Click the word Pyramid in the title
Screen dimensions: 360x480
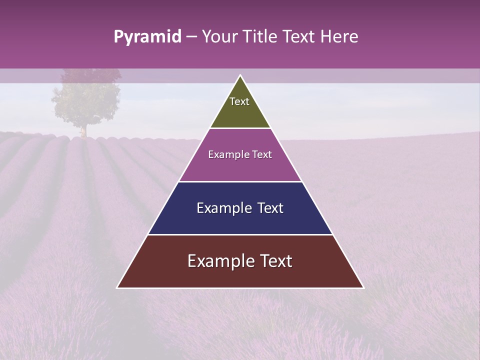(x=147, y=37)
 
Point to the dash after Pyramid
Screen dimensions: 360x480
(x=191, y=37)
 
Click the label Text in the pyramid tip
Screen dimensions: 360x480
(x=239, y=101)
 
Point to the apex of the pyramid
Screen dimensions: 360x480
(x=240, y=75)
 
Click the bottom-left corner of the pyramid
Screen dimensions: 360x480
(x=117, y=287)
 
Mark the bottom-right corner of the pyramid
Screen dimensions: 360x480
(x=363, y=287)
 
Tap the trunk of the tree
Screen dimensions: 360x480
(x=83, y=130)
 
